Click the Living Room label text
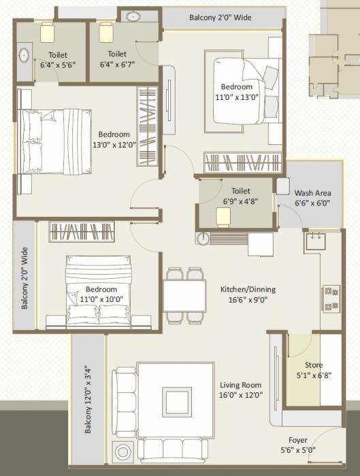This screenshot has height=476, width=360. [x=242, y=385]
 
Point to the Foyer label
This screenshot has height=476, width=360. [x=298, y=439]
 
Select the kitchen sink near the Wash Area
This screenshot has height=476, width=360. [x=316, y=239]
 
